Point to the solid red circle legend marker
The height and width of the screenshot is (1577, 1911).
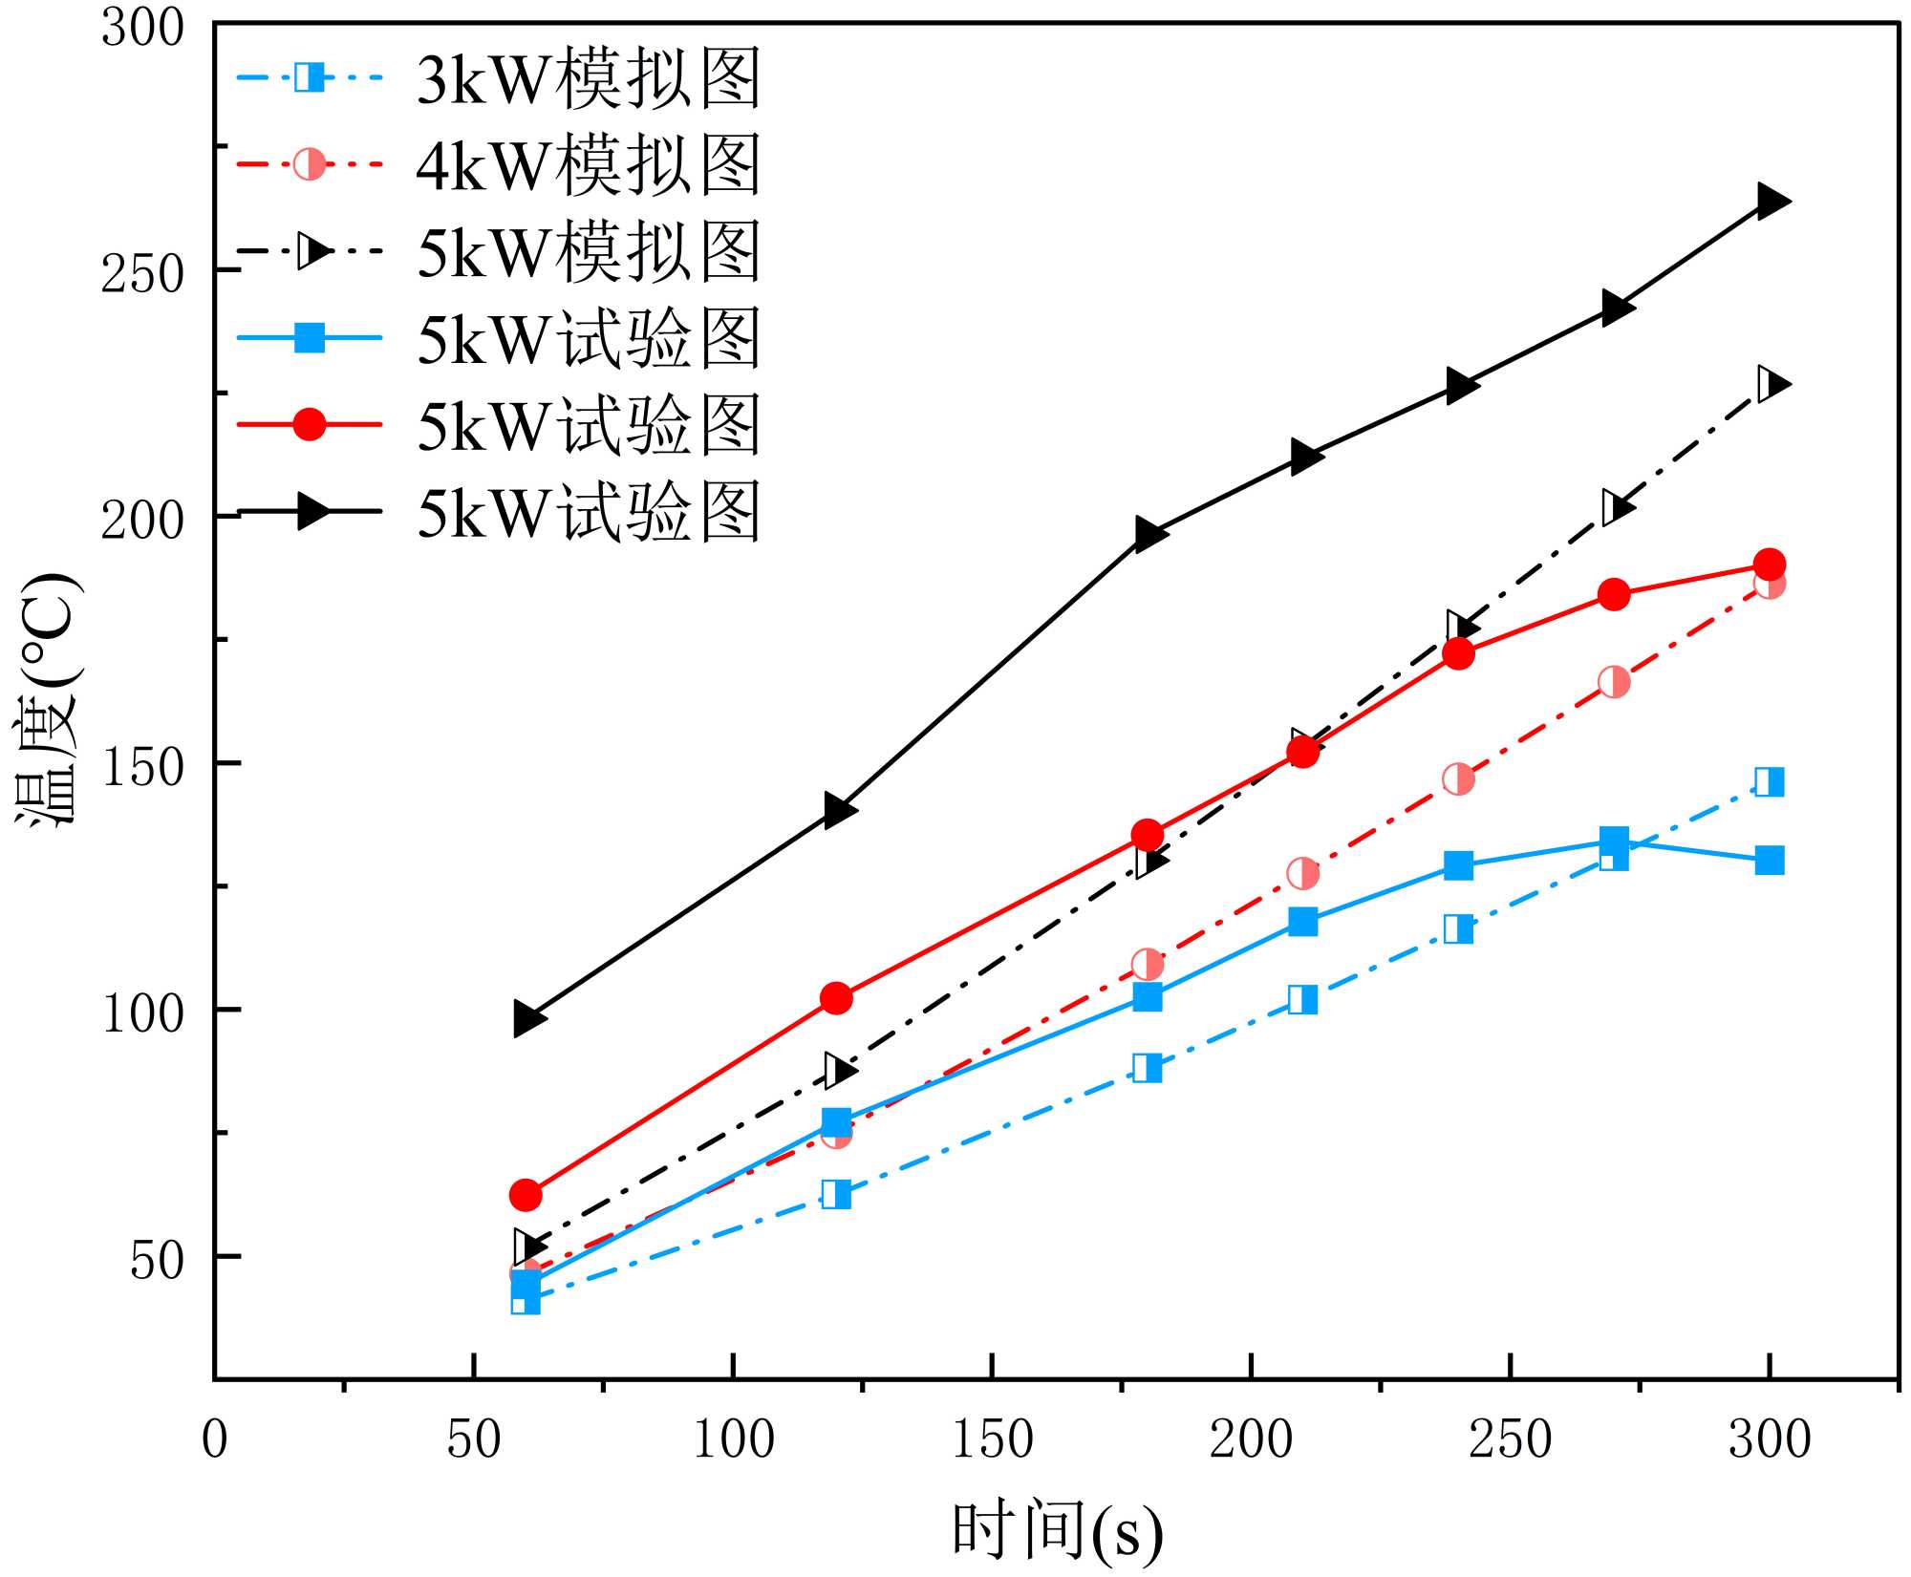pyautogui.click(x=310, y=424)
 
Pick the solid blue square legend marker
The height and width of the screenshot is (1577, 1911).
pyautogui.click(x=310, y=337)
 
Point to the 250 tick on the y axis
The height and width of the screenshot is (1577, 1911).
pyautogui.click(x=142, y=273)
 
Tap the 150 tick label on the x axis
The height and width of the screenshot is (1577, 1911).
pyautogui.click(x=993, y=1438)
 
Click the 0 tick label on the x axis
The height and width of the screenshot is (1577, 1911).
pyautogui.click(x=215, y=1438)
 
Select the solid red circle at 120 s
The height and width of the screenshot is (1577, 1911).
pyautogui.click(x=836, y=998)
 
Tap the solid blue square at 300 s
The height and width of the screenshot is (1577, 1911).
pyautogui.click(x=1770, y=860)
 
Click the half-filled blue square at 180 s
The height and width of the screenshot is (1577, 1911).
pyautogui.click(x=1147, y=1068)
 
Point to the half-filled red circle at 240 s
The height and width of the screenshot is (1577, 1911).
pyautogui.click(x=1458, y=778)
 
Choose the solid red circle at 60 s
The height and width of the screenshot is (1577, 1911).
pyautogui.click(x=526, y=1194)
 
